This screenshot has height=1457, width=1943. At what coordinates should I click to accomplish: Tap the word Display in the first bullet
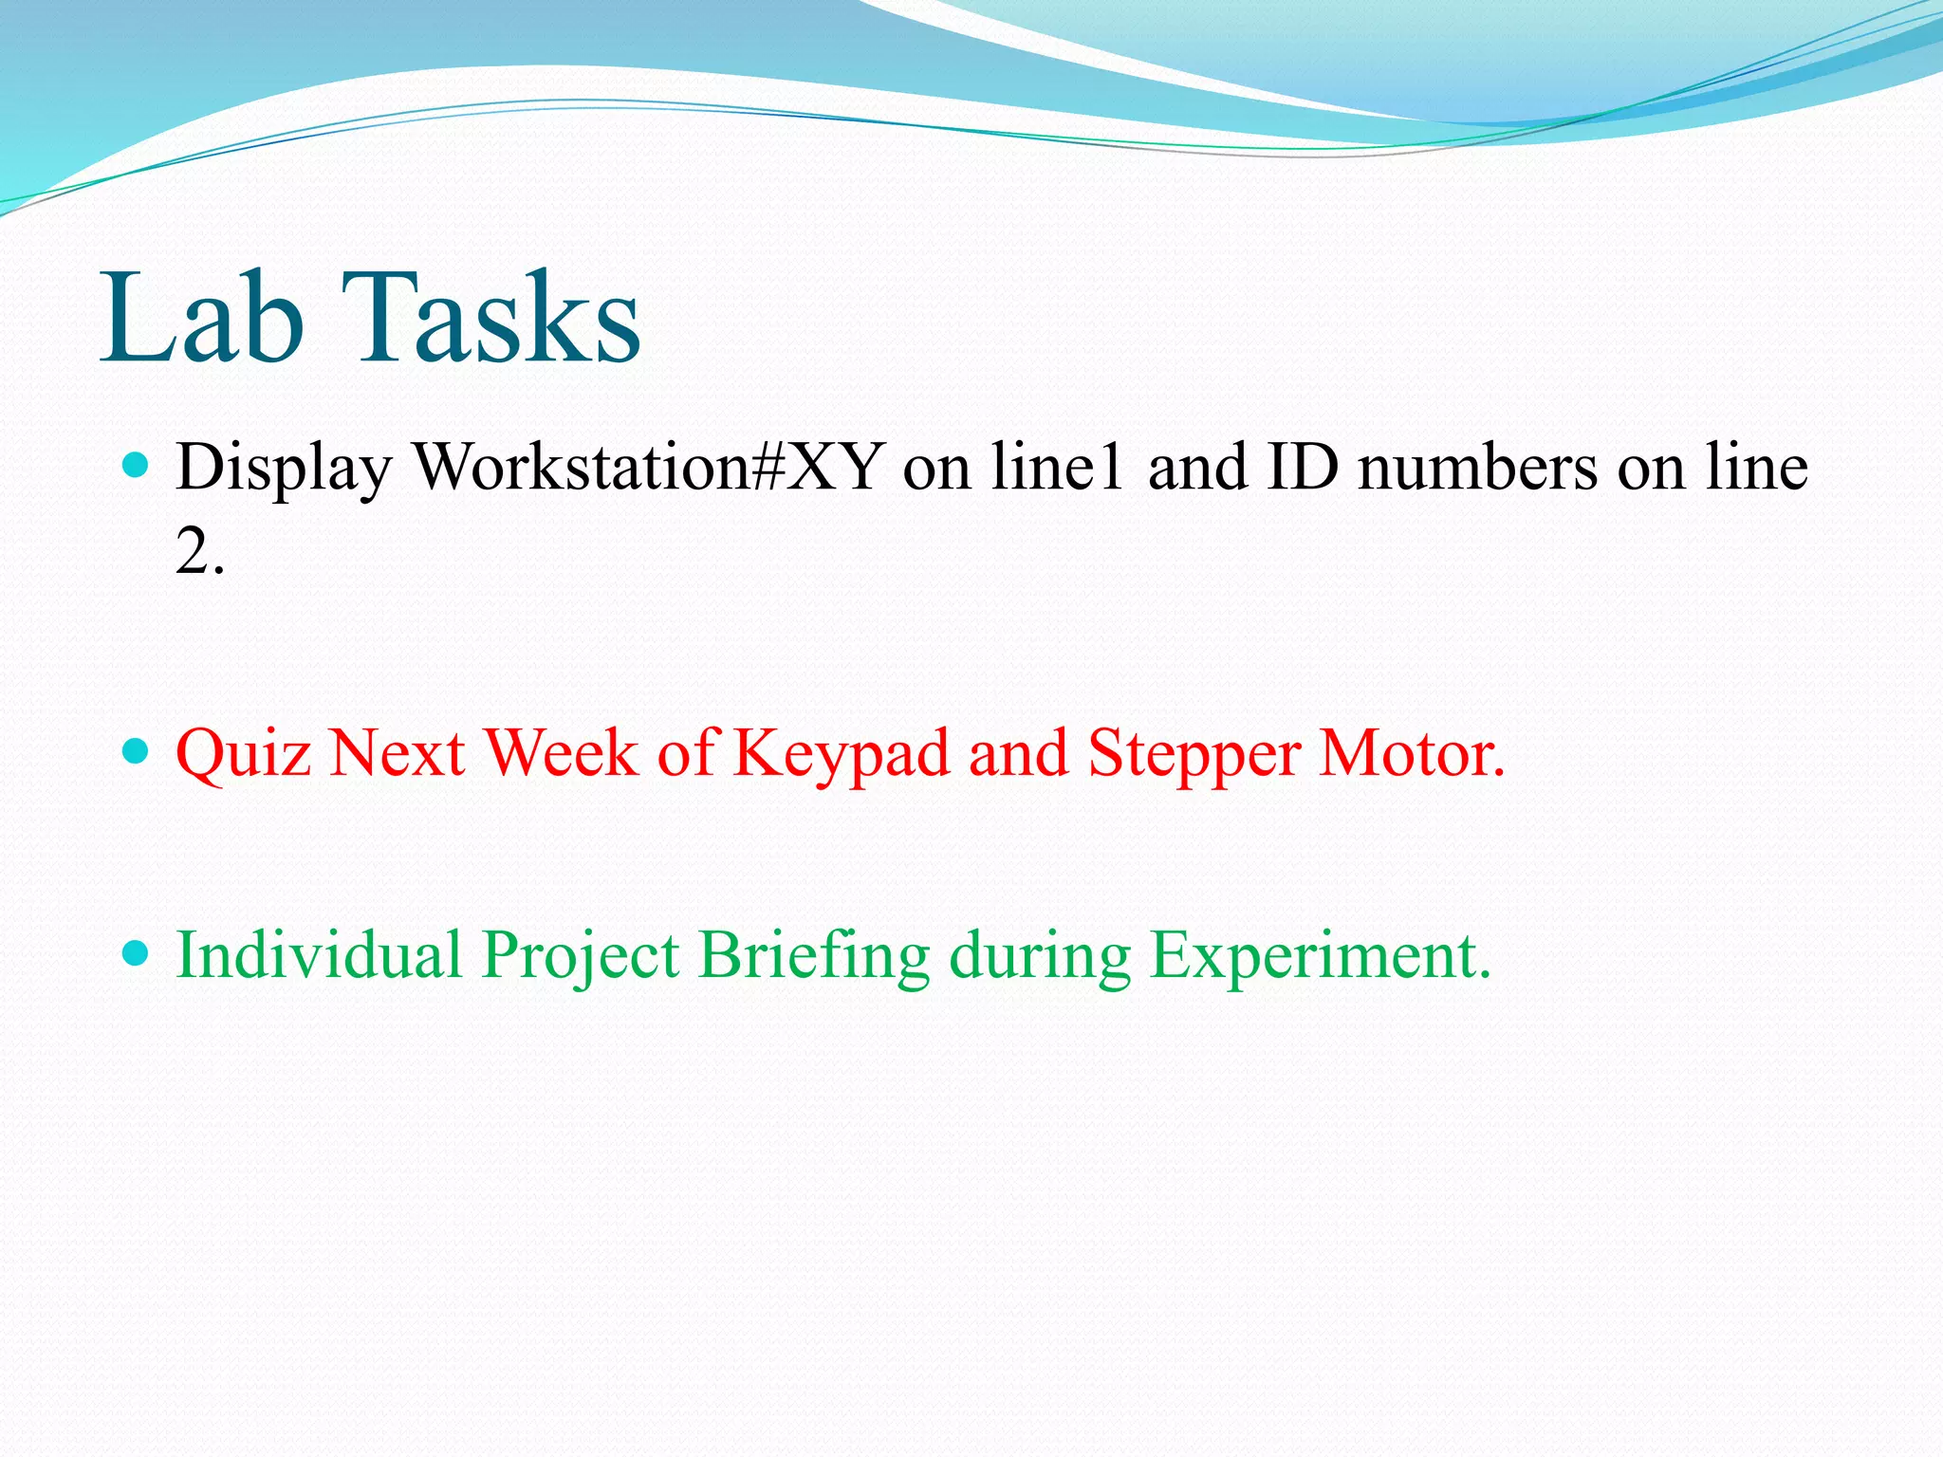point(283,469)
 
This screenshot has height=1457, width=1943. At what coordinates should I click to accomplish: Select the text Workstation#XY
point(648,467)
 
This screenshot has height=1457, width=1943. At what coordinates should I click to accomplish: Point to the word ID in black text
point(1302,467)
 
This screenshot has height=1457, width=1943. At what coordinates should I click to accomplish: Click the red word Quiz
point(244,755)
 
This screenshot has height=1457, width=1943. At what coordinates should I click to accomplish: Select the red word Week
point(562,753)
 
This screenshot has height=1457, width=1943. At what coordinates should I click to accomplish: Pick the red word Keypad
point(842,755)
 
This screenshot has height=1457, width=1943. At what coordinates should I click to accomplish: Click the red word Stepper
point(1194,755)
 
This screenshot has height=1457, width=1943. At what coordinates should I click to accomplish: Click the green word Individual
point(320,954)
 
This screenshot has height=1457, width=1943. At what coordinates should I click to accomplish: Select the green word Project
point(580,956)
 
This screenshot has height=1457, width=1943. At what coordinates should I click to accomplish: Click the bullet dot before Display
point(137,465)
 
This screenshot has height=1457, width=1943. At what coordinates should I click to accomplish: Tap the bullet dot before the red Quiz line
point(137,752)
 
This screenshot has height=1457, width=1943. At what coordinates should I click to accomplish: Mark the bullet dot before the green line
point(137,952)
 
